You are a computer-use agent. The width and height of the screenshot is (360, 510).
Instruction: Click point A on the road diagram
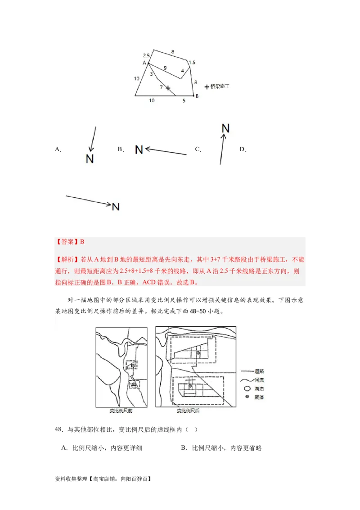coord(144,63)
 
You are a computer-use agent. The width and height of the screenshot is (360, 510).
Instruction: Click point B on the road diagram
coord(197,96)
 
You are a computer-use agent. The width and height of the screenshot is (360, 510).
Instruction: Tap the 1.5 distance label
coord(192,63)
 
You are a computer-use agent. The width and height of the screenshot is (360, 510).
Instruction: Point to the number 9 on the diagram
coord(165,68)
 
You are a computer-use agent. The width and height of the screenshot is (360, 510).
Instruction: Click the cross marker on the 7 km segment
coord(168,88)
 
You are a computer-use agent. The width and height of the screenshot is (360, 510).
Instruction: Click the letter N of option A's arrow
coord(90,158)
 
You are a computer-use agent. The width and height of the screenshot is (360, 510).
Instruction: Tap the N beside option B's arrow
coord(139,149)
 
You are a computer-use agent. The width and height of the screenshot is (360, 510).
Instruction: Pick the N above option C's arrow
coord(225,128)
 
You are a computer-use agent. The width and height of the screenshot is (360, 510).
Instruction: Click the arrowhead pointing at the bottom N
coord(108,205)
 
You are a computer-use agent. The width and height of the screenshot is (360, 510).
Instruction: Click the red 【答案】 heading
coord(67,242)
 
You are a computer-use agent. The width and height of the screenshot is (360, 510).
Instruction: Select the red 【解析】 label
coord(67,260)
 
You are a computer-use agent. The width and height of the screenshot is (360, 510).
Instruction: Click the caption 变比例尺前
coord(121,411)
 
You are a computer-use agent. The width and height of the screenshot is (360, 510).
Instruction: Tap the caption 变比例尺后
coord(188,411)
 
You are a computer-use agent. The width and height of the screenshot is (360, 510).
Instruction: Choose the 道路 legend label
coord(259,371)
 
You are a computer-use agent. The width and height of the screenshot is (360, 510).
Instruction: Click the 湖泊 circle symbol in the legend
coord(246,388)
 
